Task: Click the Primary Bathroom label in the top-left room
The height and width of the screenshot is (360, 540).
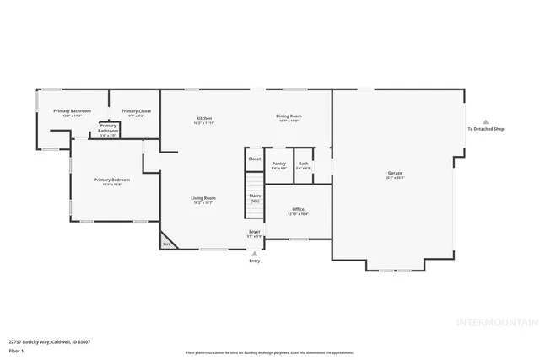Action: (72, 112)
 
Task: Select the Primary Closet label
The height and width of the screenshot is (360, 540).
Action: (136, 112)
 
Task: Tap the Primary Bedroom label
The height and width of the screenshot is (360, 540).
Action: (112, 180)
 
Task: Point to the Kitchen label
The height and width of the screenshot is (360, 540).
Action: (204, 119)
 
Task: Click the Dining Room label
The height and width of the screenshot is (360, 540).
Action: (289, 117)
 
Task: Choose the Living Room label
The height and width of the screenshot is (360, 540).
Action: (203, 199)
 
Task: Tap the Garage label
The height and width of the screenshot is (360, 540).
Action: (395, 175)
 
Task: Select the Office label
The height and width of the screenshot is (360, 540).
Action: (298, 211)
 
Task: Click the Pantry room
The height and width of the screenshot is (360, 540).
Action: (279, 165)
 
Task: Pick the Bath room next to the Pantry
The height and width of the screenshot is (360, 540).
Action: (304, 165)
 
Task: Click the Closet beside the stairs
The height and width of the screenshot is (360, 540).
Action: (254, 159)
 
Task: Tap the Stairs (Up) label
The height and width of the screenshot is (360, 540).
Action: (254, 198)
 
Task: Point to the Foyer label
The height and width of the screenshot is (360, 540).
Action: (254, 233)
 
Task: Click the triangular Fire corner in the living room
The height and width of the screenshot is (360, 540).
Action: (167, 244)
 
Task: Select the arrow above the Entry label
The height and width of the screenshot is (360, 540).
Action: (255, 253)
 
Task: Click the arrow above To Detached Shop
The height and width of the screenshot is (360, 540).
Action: (486, 121)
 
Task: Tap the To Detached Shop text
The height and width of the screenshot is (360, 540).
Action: (486, 129)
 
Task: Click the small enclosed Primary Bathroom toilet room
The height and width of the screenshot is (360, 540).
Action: (108, 129)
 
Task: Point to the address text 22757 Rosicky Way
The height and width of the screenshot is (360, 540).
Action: (50, 341)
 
